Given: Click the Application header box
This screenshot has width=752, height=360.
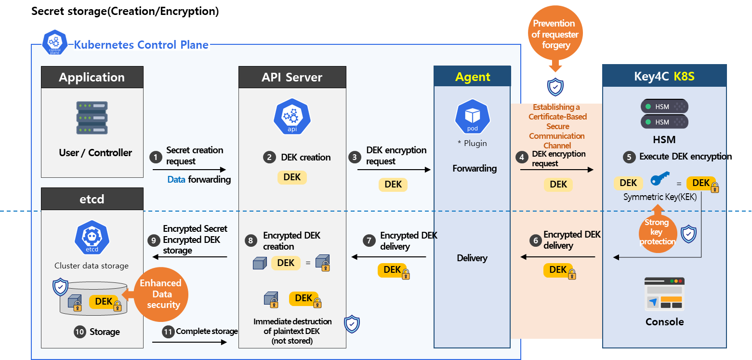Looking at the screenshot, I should (92, 77).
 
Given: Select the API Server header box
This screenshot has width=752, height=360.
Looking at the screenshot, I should (292, 77).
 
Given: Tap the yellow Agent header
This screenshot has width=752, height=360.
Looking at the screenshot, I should (473, 77).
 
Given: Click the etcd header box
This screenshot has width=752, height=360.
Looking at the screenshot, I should (92, 199).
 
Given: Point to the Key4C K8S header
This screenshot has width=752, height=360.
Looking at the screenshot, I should (664, 76).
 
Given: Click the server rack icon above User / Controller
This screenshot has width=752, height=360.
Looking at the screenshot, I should (92, 118).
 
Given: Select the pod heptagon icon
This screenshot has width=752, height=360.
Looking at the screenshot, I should (473, 117).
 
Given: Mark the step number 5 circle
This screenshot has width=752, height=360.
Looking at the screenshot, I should (629, 157).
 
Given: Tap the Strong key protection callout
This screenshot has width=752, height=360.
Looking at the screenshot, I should (657, 231).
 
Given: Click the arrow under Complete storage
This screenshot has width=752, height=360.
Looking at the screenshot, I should (189, 342).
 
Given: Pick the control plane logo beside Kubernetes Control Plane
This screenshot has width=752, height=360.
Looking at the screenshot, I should (54, 43).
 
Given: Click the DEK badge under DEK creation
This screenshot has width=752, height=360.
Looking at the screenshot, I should (292, 177).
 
